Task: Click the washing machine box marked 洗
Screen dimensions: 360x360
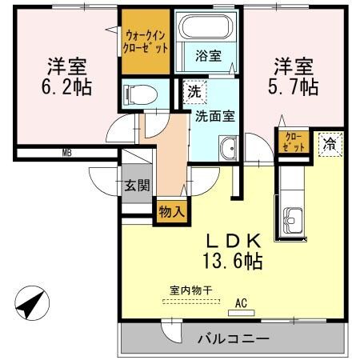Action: tap(194, 92)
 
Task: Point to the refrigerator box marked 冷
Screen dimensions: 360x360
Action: tap(329, 144)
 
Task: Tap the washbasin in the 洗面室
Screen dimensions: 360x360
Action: tap(228, 146)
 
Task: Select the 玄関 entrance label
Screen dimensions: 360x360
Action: tap(136, 186)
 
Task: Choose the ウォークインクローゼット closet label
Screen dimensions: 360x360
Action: tap(147, 41)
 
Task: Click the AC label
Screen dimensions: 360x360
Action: tap(240, 303)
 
